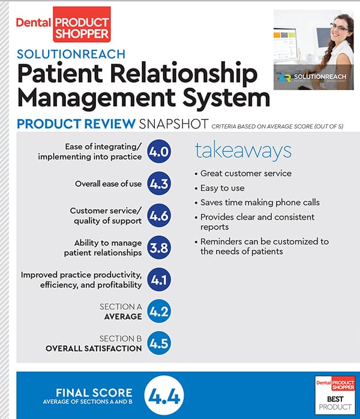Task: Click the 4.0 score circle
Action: pyautogui.click(x=159, y=152)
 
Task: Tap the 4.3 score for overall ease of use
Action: pyautogui.click(x=159, y=184)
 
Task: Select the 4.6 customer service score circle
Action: pyautogui.click(x=159, y=216)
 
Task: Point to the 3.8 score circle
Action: pyautogui.click(x=159, y=247)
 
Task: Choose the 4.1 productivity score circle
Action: pyautogui.click(x=159, y=279)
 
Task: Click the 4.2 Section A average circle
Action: pyautogui.click(x=159, y=311)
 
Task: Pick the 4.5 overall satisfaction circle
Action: pyautogui.click(x=159, y=343)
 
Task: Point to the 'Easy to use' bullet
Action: pyautogui.click(x=223, y=188)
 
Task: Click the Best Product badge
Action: pyautogui.click(x=334, y=394)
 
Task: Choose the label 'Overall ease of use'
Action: pyautogui.click(x=109, y=184)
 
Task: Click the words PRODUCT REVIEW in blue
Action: pyautogui.click(x=76, y=124)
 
